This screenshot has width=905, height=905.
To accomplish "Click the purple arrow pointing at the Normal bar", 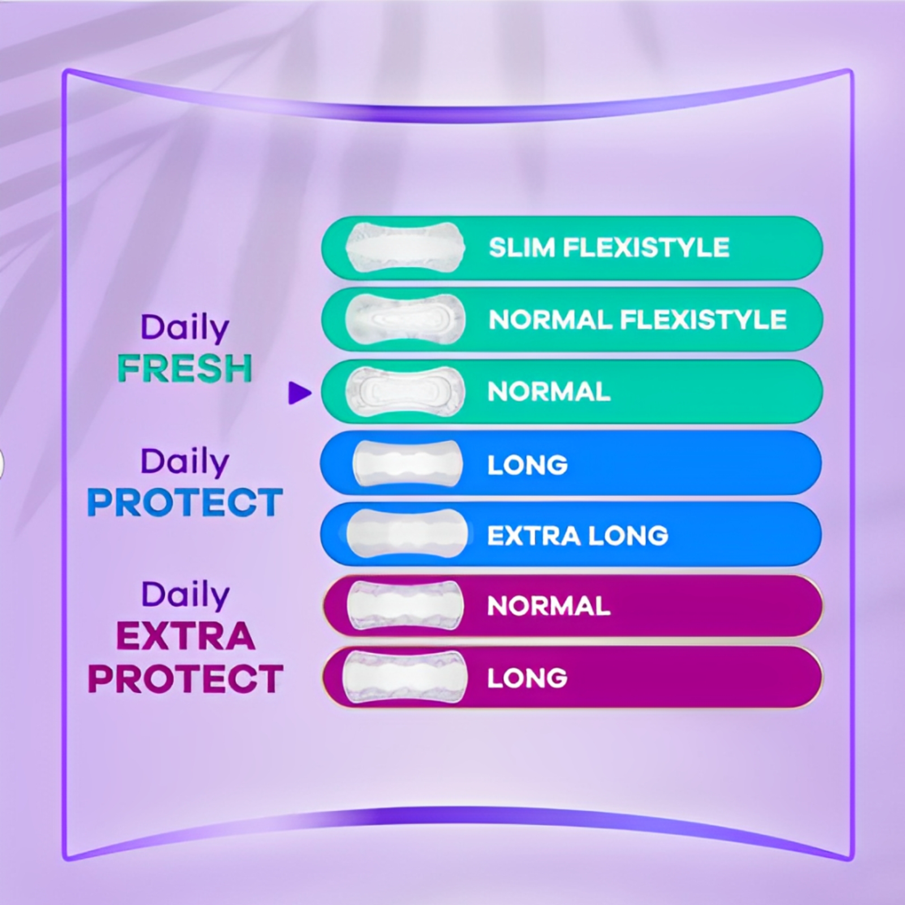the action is point(300,393).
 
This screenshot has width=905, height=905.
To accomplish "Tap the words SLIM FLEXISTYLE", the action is point(609,248).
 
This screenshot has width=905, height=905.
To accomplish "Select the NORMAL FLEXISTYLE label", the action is point(637,320).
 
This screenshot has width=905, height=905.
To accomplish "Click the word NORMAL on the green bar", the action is point(549,391).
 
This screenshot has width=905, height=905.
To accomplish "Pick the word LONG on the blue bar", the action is point(528,465).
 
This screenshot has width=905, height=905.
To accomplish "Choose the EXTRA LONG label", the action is point(578,536).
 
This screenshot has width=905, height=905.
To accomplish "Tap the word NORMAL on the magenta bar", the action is point(549,606).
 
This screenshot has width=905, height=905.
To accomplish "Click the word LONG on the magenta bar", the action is point(527,678).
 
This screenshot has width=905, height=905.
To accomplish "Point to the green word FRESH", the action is point(184,368).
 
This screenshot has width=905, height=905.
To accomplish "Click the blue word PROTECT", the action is point(185,502).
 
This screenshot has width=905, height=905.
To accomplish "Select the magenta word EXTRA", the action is point(186,636).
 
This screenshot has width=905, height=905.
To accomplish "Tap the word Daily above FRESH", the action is point(185,329).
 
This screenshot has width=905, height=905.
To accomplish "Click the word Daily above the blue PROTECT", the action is point(185,463).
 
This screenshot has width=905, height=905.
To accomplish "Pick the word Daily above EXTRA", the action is point(186,596).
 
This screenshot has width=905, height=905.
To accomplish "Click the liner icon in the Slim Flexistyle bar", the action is point(405,247).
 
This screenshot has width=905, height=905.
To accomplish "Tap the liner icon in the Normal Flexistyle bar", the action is point(405,319).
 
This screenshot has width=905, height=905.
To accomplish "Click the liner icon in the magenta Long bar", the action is point(405,677).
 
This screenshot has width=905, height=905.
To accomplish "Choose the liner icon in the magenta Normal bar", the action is point(405,605).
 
